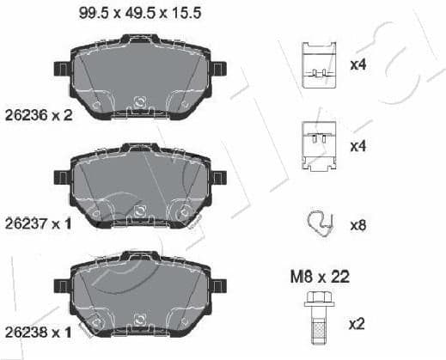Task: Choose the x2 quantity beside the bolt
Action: click(357, 324)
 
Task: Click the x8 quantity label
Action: click(358, 226)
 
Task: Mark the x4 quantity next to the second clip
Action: click(358, 146)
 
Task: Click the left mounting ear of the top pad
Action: click(61, 68)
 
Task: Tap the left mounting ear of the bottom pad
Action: click(61, 284)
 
